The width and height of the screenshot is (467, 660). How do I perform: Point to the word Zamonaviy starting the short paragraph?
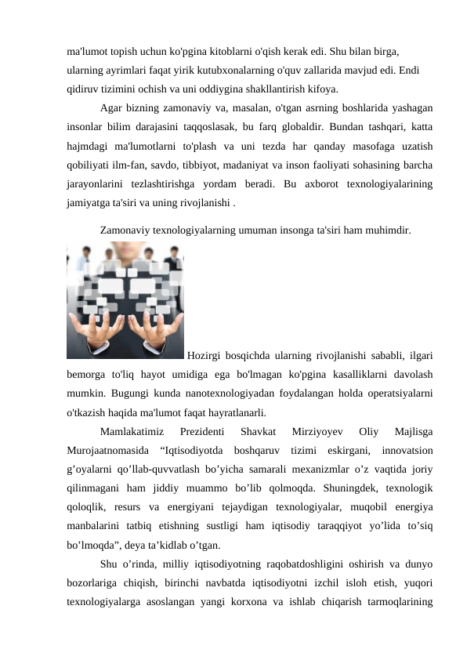click(x=129, y=231)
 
